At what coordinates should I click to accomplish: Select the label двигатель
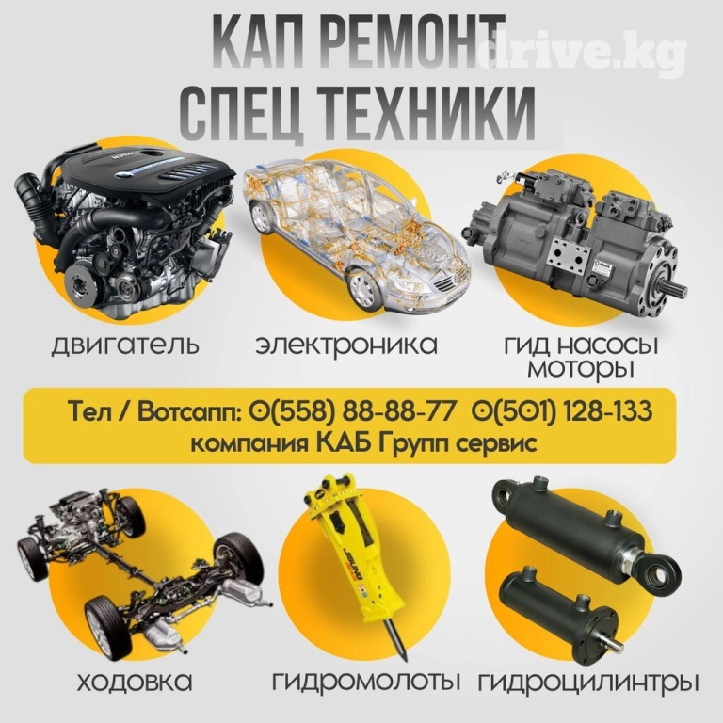125,345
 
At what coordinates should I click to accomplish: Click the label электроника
346,345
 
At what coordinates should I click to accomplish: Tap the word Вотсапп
189,411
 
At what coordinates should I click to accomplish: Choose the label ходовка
135,683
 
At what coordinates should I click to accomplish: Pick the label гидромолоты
366,682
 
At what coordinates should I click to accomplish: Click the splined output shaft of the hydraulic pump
676,289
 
